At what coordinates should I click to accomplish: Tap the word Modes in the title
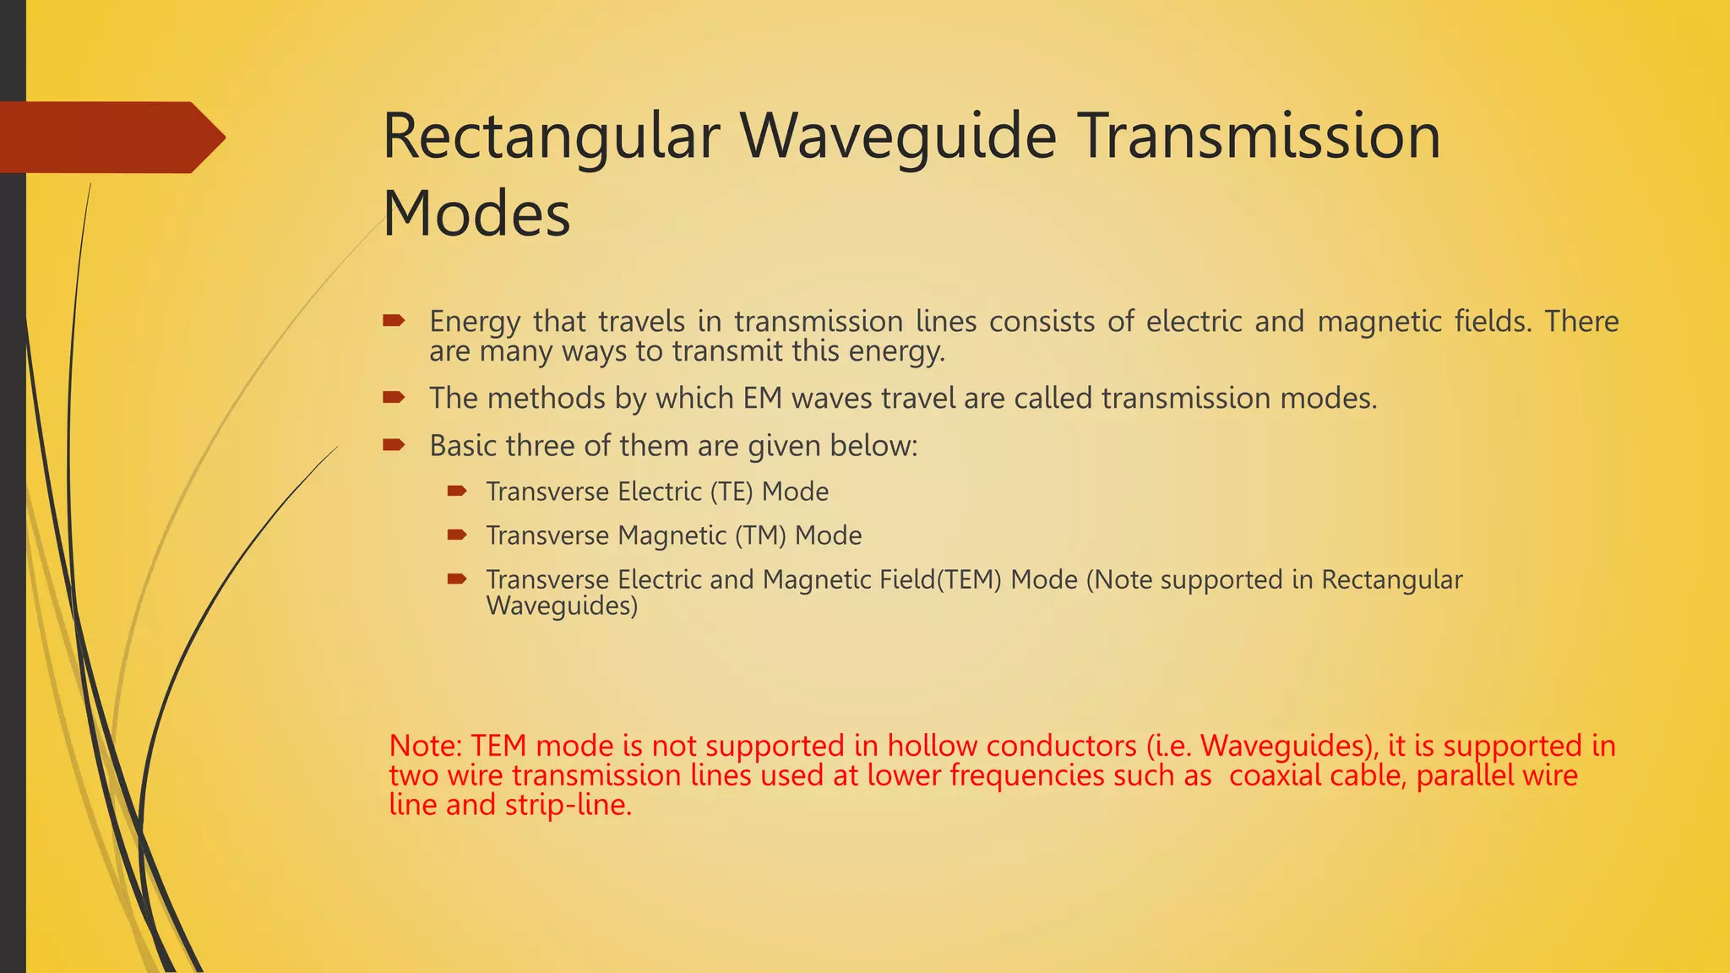click(476, 214)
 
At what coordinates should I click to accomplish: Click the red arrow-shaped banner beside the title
click(110, 138)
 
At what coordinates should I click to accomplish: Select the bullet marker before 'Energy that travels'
click(394, 320)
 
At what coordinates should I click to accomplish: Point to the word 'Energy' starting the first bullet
click(475, 322)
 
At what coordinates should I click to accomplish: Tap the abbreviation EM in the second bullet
click(763, 398)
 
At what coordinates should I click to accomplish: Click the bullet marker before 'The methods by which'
click(394, 397)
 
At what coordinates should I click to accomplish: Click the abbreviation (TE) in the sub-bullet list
click(731, 492)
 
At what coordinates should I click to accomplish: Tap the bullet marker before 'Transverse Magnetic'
click(457, 535)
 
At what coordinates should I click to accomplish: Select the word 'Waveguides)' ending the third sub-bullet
click(562, 606)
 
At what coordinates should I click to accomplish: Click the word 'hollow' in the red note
click(932, 746)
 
